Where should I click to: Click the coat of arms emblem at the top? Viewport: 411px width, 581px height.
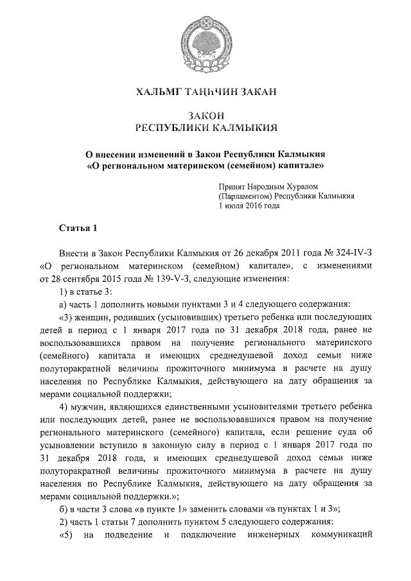[x=205, y=42]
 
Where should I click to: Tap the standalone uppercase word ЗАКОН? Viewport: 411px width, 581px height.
[x=205, y=115]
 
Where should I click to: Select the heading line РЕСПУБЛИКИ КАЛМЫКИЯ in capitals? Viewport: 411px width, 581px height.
[x=205, y=128]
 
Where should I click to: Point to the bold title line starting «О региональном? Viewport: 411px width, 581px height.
[x=205, y=165]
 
